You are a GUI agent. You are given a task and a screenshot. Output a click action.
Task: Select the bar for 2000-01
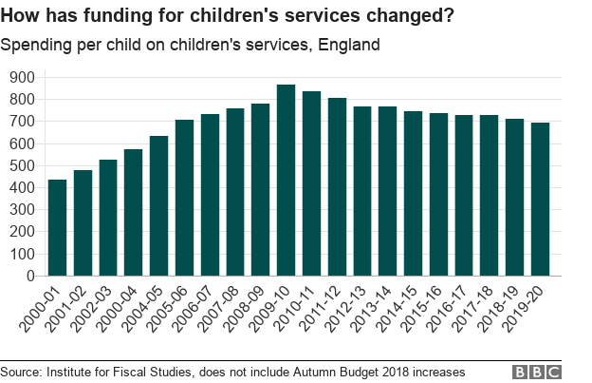point(57,228)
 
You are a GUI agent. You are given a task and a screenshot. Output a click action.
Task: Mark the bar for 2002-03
point(108,218)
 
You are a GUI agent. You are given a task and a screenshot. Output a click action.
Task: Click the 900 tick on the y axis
point(20,77)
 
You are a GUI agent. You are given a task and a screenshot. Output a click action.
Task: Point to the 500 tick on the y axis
point(20,165)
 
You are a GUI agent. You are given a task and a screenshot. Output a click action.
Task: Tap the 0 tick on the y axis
point(28,276)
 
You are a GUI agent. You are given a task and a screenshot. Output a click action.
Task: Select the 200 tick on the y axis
point(20,232)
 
